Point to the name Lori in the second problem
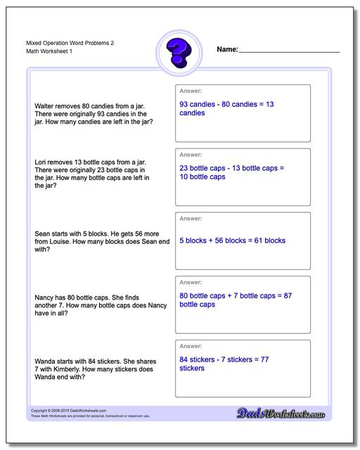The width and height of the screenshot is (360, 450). coord(41,162)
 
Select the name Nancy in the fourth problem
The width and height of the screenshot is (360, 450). coord(44,297)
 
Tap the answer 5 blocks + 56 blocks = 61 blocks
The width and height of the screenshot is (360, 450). coord(232,240)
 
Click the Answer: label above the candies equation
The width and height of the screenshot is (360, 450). coord(191,91)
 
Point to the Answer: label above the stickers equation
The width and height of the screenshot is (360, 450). coord(191,347)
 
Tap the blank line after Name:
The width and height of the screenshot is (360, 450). coord(290,51)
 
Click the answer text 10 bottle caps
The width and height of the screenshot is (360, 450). coord(202,177)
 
